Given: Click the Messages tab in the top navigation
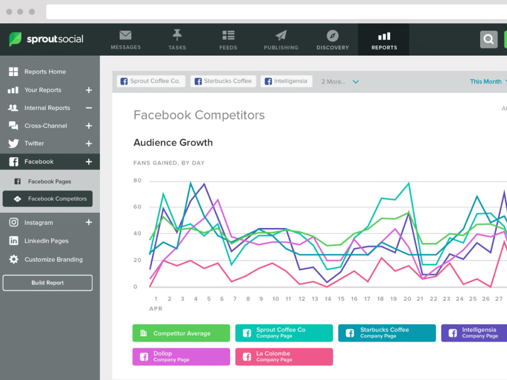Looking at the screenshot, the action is click(x=125, y=40).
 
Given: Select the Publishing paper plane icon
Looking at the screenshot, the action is click(x=281, y=35).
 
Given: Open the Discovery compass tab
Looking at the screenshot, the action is click(x=333, y=40).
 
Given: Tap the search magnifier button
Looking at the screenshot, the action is click(x=489, y=40).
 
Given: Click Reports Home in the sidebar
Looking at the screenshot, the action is click(x=45, y=72).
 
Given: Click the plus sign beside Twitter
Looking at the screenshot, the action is click(x=89, y=143).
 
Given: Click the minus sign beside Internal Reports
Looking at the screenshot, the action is click(x=89, y=108).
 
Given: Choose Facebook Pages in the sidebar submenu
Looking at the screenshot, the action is click(x=49, y=181).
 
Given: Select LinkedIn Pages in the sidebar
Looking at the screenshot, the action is click(x=46, y=241).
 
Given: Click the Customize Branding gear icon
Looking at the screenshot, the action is click(x=14, y=259).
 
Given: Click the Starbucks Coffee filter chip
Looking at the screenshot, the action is click(x=223, y=81).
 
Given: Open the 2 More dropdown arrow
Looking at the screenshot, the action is click(x=356, y=82).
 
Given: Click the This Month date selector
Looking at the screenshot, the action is click(x=486, y=82).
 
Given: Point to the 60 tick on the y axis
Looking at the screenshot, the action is click(x=137, y=207).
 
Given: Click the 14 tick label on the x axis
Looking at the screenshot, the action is click(x=328, y=299).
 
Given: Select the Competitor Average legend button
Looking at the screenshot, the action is click(x=181, y=333).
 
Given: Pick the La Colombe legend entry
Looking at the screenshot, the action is click(x=284, y=357).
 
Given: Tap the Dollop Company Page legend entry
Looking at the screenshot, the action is click(x=181, y=357).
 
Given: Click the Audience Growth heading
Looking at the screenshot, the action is click(x=173, y=142).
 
